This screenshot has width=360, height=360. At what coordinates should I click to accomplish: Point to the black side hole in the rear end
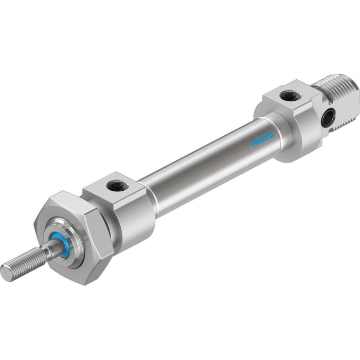[326, 119]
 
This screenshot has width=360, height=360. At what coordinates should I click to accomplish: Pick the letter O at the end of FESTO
[272, 135]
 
